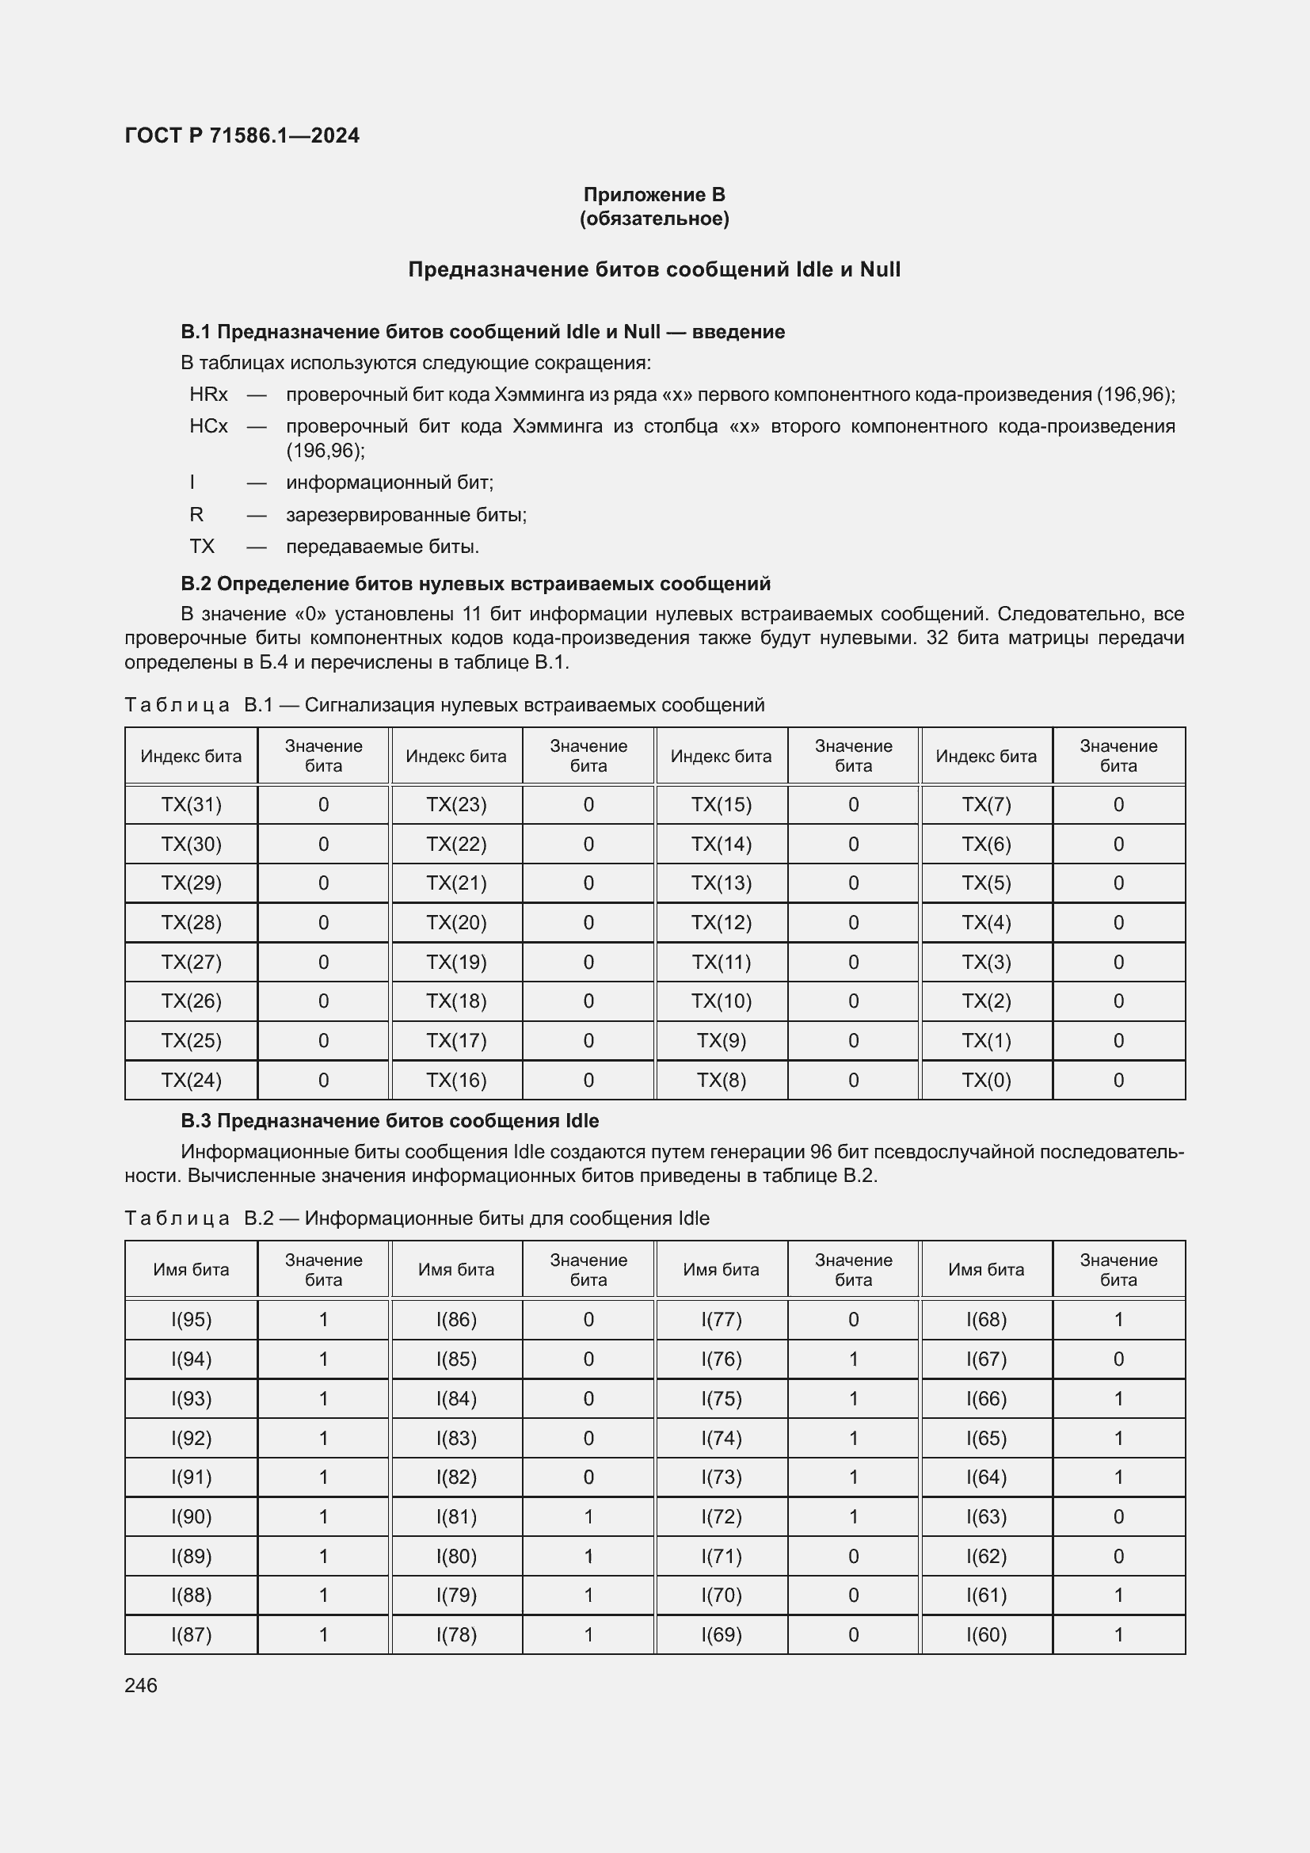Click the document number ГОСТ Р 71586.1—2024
(242, 135)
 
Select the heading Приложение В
(654, 195)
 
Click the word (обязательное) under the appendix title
(654, 219)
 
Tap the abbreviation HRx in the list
(208, 395)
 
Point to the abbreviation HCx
(208, 426)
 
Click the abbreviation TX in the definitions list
(202, 547)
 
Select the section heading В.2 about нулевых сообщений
(475, 584)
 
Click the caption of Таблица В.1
(444, 704)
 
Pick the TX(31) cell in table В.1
(191, 805)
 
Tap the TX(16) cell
(455, 1080)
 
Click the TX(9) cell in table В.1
(722, 1040)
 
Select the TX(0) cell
(986, 1080)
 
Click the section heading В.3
(390, 1121)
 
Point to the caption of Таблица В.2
(417, 1218)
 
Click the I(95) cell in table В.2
(191, 1320)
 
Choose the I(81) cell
(455, 1516)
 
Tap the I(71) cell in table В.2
(722, 1556)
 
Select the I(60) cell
(986, 1634)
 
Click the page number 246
(141, 1685)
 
